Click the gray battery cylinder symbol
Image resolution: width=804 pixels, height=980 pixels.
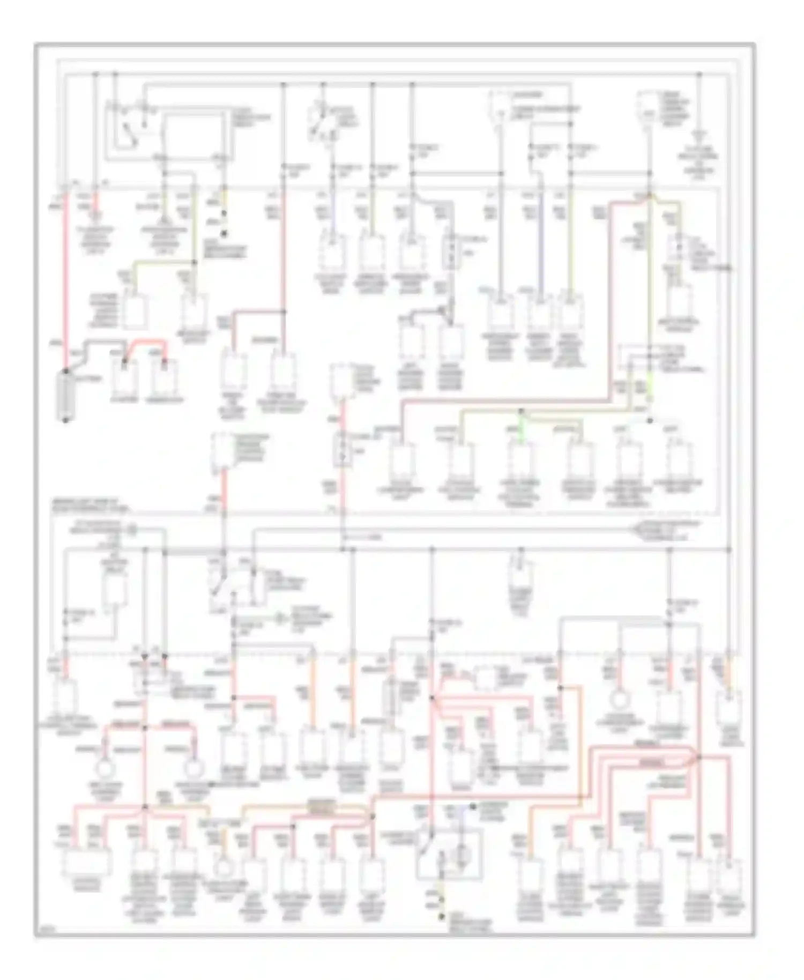[66, 395]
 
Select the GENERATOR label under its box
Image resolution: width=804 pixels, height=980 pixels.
[165, 399]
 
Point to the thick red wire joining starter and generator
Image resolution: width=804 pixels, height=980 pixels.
[145, 341]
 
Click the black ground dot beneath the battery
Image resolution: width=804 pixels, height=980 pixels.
[66, 420]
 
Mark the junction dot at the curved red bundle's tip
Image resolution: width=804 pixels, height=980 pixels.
[699, 756]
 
